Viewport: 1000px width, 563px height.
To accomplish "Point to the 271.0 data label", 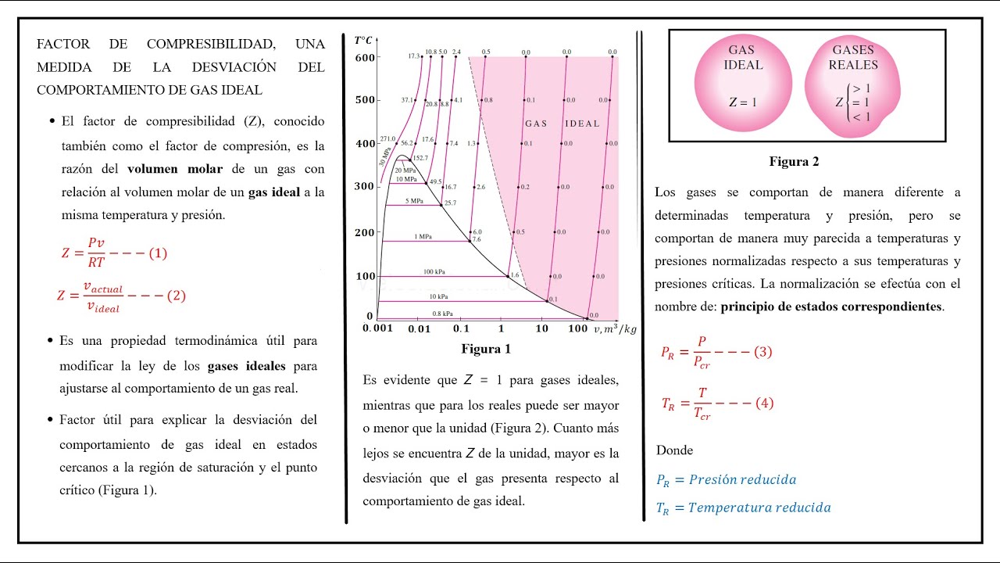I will point(388,138).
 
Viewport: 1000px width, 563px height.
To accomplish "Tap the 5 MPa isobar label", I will point(413,201).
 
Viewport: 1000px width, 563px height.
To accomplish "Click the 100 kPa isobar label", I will point(434,271).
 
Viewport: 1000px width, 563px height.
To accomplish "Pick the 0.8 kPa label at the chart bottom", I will point(420,314).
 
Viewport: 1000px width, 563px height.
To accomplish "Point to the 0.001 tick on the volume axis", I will point(377,328).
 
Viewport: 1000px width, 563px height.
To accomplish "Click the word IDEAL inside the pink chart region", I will point(582,124).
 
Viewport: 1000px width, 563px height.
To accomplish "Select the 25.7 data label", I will point(450,203).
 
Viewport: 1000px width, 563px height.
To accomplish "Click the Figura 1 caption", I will point(485,349).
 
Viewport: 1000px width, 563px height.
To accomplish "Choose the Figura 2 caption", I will point(794,162).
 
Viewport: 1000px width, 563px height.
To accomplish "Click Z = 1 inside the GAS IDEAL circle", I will point(742,102).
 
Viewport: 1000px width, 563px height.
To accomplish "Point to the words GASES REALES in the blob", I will point(854,57).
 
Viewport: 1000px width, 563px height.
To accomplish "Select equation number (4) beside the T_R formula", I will point(764,403).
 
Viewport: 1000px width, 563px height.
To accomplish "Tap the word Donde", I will point(674,450).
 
